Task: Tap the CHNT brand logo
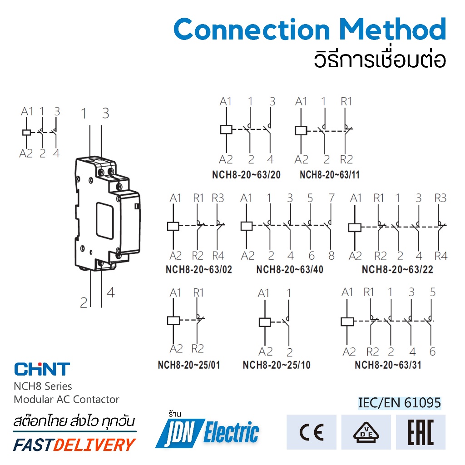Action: tap(42, 369)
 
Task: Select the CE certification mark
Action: tap(312, 432)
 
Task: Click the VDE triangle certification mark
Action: tap(366, 432)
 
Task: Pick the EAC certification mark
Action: tap(421, 432)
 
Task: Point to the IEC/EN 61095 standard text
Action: tap(400, 403)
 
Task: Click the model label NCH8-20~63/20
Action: tap(246, 175)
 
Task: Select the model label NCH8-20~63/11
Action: tap(329, 175)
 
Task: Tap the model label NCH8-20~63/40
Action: tap(290, 269)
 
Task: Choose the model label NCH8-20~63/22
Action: tap(397, 269)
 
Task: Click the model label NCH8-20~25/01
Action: tap(189, 365)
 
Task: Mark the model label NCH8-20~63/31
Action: tap(388, 365)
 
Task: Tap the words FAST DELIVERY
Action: tap(74, 445)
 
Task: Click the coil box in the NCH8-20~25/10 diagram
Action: tap(265, 322)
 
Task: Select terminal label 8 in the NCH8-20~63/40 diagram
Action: tap(331, 256)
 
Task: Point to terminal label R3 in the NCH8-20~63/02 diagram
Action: tap(218, 198)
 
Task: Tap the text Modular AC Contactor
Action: tap(66, 400)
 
